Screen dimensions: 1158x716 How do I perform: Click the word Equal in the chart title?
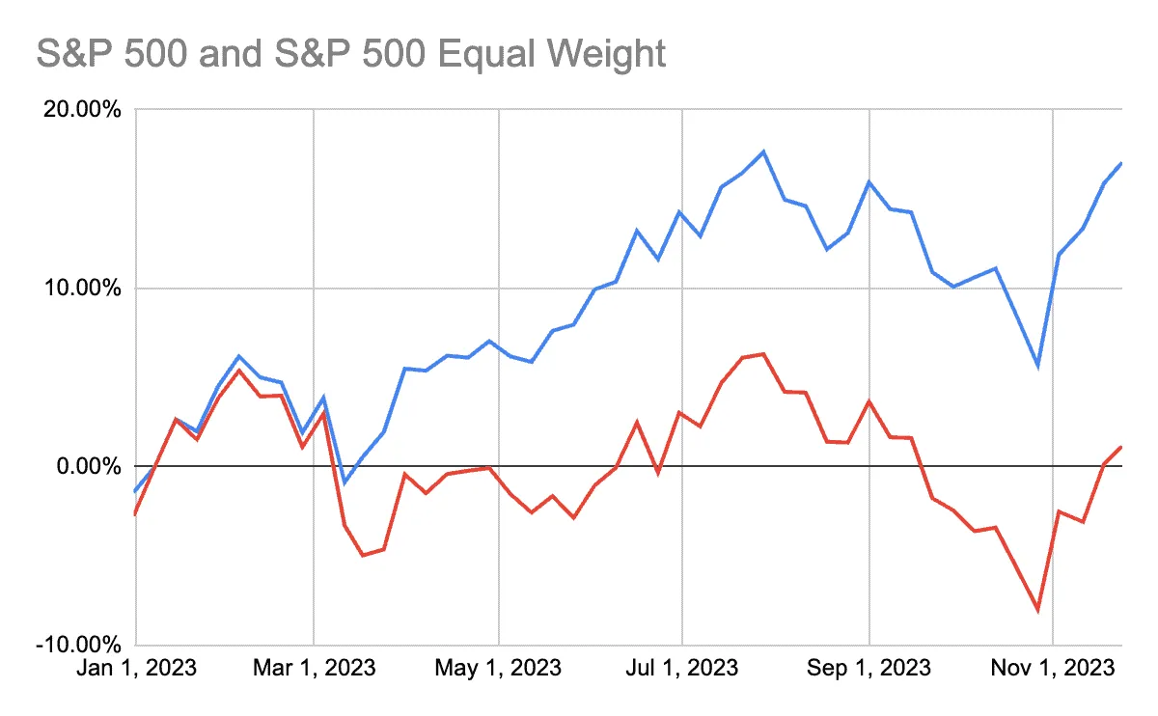coord(485,54)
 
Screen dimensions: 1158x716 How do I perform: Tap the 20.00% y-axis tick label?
coord(82,109)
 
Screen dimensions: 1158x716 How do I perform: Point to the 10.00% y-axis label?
coord(82,288)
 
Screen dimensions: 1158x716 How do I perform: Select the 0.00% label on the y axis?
coord(89,466)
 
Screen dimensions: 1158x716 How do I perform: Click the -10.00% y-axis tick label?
coord(78,645)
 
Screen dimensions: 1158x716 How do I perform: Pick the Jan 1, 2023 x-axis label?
coord(136,668)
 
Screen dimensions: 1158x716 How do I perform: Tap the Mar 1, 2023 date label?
coord(314,668)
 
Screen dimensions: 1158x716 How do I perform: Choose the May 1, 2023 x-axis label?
coord(498,668)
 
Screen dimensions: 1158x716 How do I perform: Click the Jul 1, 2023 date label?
coord(682,668)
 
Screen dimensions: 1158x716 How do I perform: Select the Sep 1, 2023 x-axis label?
coord(868,668)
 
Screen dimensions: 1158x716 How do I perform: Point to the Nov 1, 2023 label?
coord(1053,668)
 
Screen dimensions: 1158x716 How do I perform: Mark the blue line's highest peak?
coord(763,152)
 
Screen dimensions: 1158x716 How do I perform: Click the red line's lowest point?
coord(1037,611)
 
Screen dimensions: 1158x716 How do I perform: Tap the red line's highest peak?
coord(763,354)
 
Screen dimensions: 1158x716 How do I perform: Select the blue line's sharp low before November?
coord(1037,367)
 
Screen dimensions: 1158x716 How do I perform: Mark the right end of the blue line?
coord(1120,163)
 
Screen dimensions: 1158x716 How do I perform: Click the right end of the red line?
coord(1120,447)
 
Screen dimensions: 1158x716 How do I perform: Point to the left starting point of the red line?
coord(135,514)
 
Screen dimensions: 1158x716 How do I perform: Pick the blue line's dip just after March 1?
coord(345,482)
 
